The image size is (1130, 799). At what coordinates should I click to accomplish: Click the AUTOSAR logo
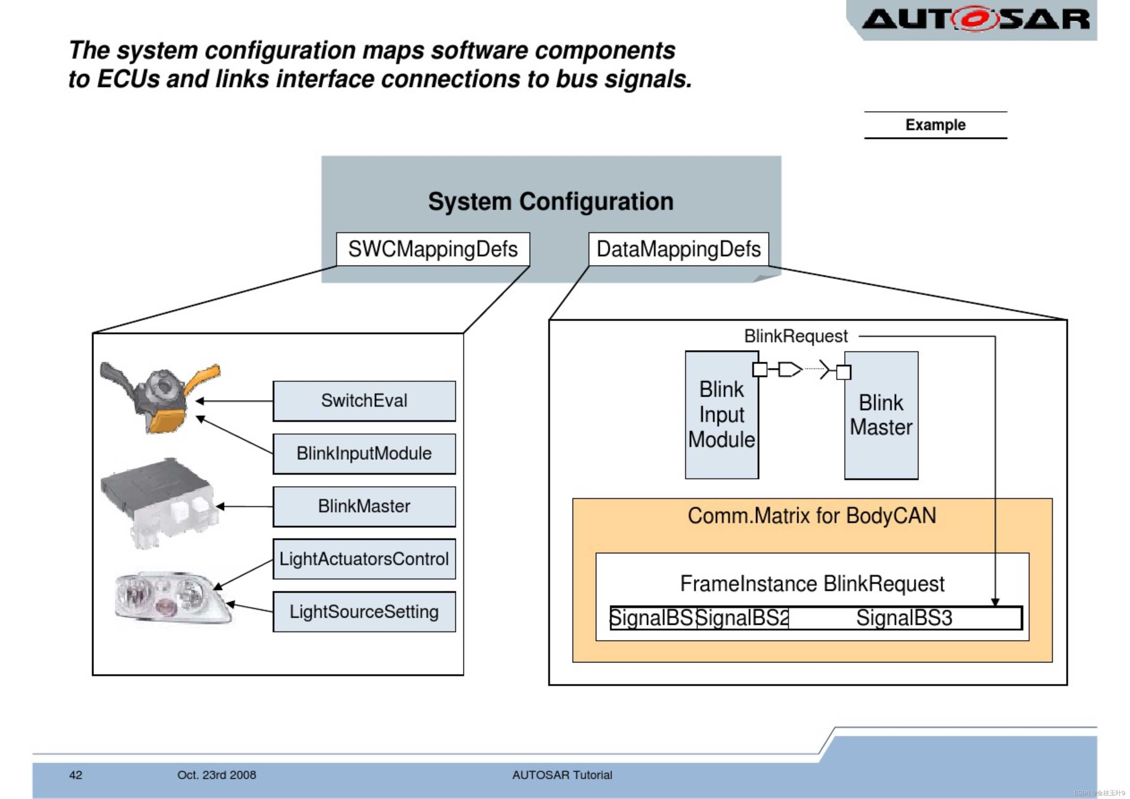pyautogui.click(x=975, y=20)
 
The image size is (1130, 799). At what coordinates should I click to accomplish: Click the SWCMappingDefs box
pyautogui.click(x=433, y=249)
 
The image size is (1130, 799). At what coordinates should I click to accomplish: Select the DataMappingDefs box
pyautogui.click(x=678, y=249)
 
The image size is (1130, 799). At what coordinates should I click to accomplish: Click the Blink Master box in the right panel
pyautogui.click(x=881, y=415)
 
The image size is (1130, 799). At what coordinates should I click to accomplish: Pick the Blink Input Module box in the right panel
pyautogui.click(x=722, y=415)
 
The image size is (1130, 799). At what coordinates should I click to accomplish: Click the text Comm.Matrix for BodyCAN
pyautogui.click(x=811, y=516)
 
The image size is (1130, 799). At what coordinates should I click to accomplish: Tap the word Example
pyautogui.click(x=935, y=125)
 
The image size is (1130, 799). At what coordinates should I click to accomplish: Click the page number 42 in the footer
pyautogui.click(x=76, y=775)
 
